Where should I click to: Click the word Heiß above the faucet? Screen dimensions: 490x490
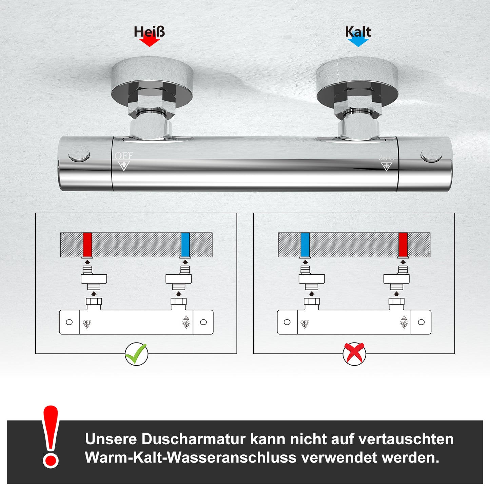[x=149, y=32]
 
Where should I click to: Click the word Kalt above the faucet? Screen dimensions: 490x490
[x=358, y=32]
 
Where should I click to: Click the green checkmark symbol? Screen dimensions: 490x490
[x=136, y=354]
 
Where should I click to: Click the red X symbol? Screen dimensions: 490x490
[x=354, y=354]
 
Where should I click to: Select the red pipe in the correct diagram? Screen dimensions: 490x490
[x=87, y=245]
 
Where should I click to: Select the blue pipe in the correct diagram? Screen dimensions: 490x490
[x=185, y=245]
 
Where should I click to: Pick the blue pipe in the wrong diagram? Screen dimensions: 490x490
[x=305, y=245]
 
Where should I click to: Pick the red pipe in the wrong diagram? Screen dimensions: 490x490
[x=403, y=245]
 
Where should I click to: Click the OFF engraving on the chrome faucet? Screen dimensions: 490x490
[x=124, y=156]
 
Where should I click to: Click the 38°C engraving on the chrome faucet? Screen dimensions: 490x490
[x=386, y=158]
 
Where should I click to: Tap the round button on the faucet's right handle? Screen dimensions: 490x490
[x=431, y=155]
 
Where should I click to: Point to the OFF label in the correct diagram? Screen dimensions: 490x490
[x=87, y=322]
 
